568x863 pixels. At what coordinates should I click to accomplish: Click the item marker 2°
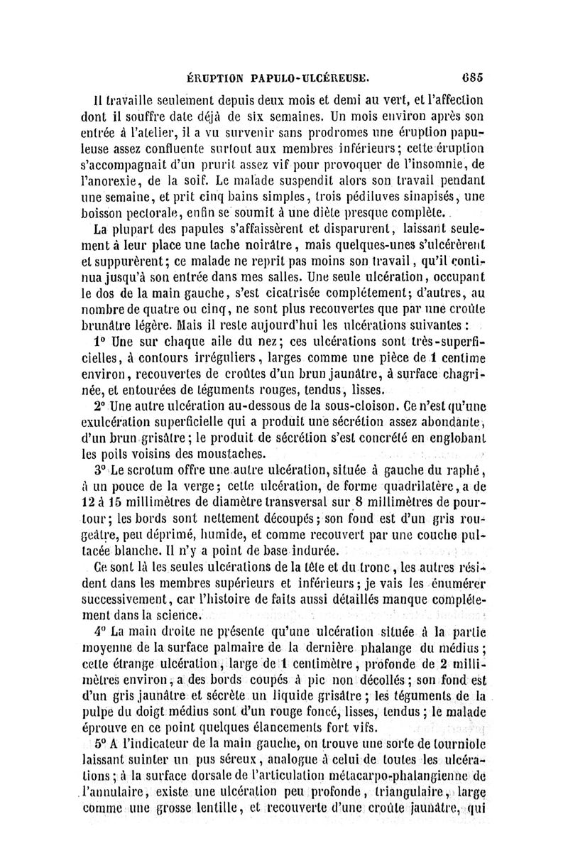[x=93, y=406]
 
